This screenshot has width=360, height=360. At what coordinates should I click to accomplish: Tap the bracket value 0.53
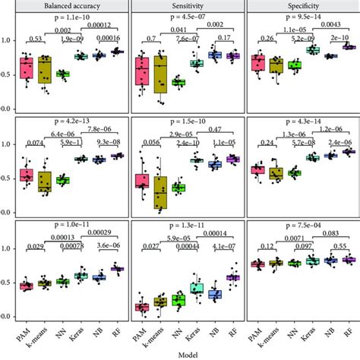pyautogui.click(x=34, y=39)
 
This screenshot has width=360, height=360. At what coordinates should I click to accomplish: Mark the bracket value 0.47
pyautogui.click(x=205, y=129)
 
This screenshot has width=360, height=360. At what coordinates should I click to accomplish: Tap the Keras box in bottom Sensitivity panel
pyautogui.click(x=197, y=289)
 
